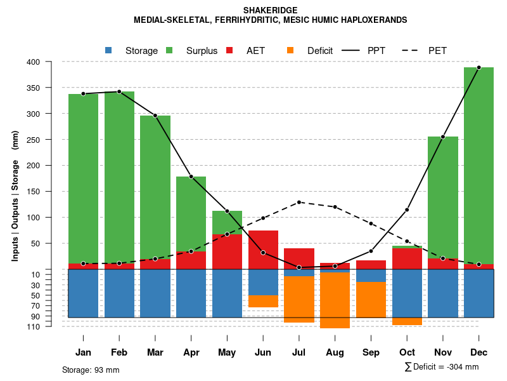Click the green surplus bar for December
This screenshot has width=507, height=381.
tap(478, 165)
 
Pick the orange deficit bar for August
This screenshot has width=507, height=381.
tap(335, 300)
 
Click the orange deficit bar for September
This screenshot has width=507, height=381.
tap(371, 299)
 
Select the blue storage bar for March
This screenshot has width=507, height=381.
tap(155, 293)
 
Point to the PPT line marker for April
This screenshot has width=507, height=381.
tap(191, 177)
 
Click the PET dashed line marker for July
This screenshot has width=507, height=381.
tap(299, 202)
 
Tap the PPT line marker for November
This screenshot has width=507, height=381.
tap(443, 137)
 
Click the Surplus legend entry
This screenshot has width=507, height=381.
tap(202, 51)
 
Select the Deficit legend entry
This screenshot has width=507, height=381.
tap(319, 51)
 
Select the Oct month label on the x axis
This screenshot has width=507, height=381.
tap(407, 352)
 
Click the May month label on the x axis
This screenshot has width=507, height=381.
tap(227, 352)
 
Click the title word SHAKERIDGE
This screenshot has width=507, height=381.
tap(270, 10)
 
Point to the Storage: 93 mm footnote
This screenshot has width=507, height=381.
tap(91, 370)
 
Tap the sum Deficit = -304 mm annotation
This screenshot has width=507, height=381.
tap(442, 367)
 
